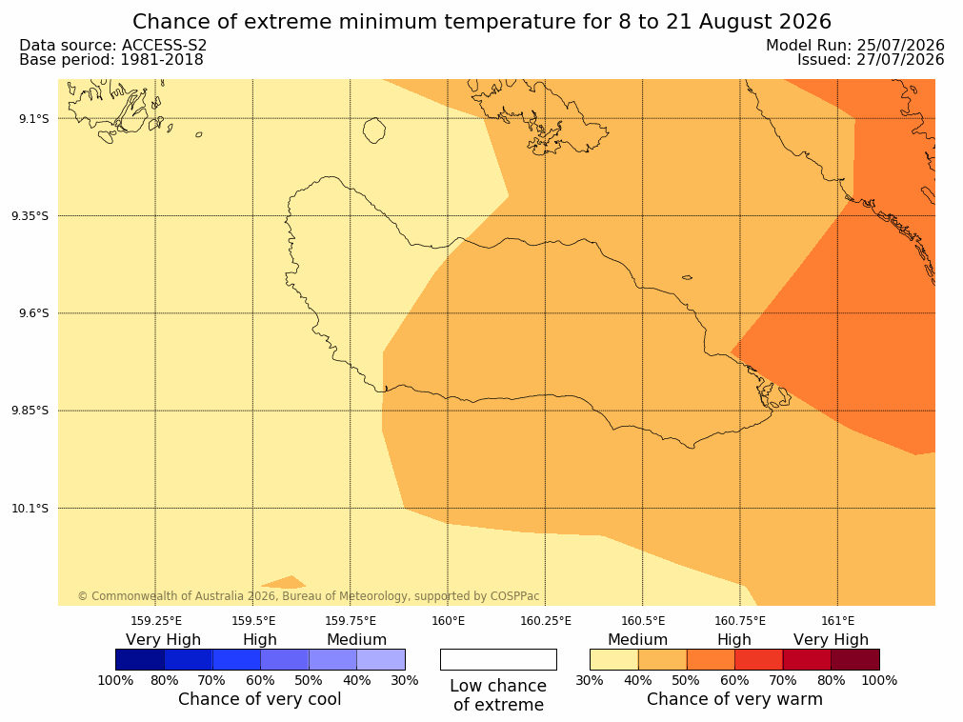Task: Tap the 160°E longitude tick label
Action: [448, 621]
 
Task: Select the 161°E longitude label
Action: [837, 621]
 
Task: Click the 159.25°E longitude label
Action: [156, 621]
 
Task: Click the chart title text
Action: [482, 22]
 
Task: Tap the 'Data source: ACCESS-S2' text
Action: [113, 46]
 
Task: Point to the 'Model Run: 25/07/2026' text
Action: [855, 46]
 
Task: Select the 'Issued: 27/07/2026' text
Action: [871, 60]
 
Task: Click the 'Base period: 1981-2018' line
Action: [111, 60]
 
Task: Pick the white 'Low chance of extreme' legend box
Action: [498, 659]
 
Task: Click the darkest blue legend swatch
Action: [140, 659]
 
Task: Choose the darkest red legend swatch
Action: [855, 659]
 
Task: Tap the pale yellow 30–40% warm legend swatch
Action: [613, 659]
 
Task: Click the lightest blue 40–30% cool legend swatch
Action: [381, 659]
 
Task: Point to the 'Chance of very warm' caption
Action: [734, 699]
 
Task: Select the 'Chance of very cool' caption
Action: [260, 699]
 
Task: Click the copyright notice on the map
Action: [309, 596]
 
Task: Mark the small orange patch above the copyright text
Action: [284, 582]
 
